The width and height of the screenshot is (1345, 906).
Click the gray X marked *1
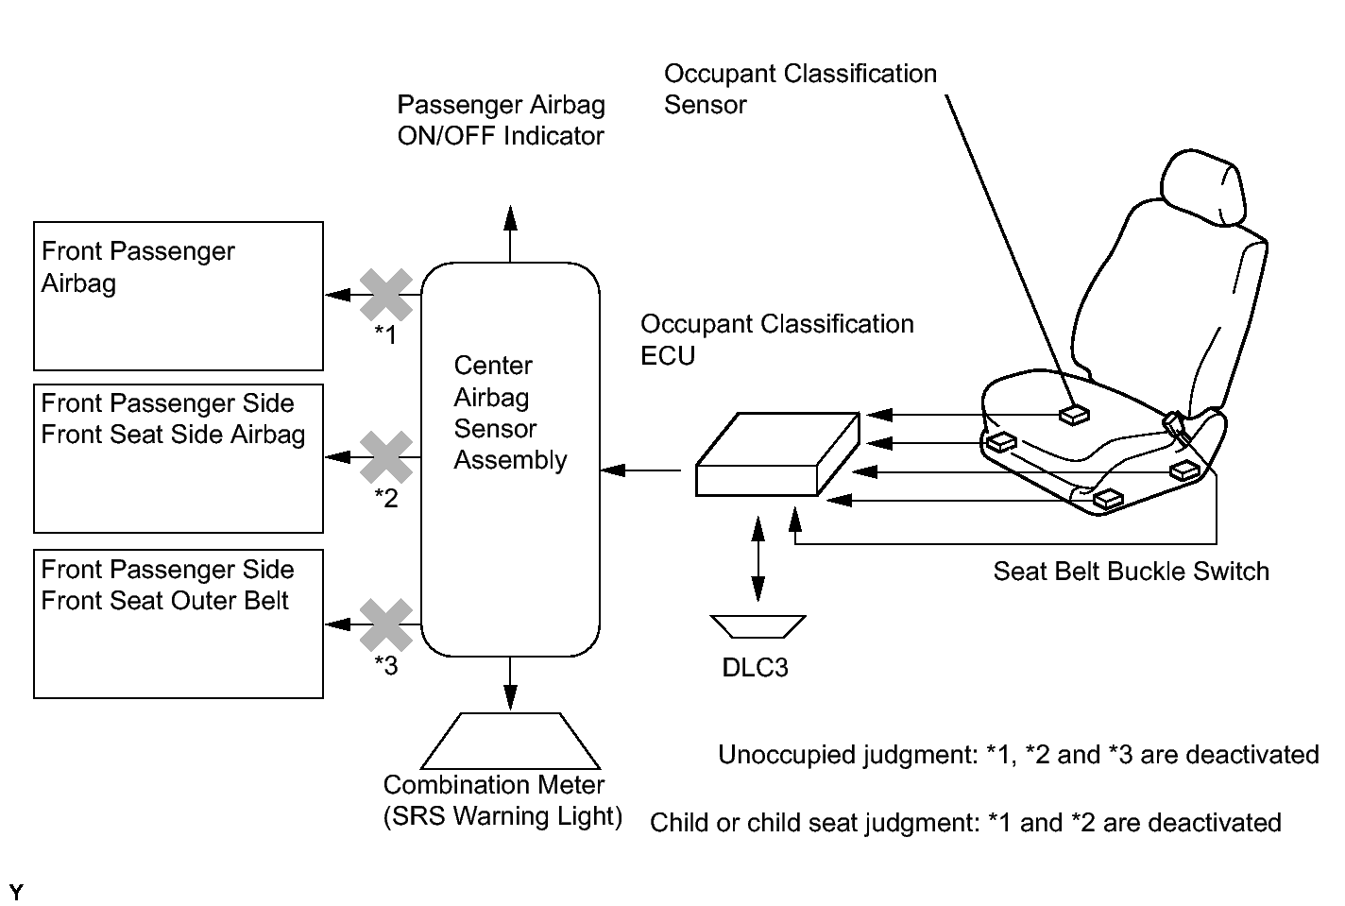coord(386,295)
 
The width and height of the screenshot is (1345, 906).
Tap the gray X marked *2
coord(386,457)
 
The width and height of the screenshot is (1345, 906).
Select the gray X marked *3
coord(386,625)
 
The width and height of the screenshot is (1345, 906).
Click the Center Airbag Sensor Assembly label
coord(510,413)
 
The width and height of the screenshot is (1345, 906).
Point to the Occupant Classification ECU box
coord(777,454)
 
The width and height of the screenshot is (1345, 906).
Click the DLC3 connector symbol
coord(758,626)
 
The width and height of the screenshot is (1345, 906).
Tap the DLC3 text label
coord(755,668)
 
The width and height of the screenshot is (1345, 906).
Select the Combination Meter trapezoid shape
coord(510,741)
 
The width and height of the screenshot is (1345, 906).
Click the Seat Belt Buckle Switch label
coord(1132,571)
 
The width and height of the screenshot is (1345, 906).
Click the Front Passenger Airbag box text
coord(138,267)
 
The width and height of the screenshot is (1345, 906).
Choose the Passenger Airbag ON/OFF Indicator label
coord(501,120)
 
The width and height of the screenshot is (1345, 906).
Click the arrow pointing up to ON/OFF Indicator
coord(510,234)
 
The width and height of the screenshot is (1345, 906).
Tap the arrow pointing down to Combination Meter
coord(510,684)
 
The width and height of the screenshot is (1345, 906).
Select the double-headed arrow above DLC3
coord(758,559)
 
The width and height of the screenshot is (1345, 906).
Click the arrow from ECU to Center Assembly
coord(640,470)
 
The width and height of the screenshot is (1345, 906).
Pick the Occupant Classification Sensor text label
coord(800,89)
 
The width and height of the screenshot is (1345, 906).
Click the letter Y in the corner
coord(16,892)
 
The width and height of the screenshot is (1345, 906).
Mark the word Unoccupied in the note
coord(788,755)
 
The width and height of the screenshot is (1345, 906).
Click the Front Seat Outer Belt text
coord(164,601)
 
